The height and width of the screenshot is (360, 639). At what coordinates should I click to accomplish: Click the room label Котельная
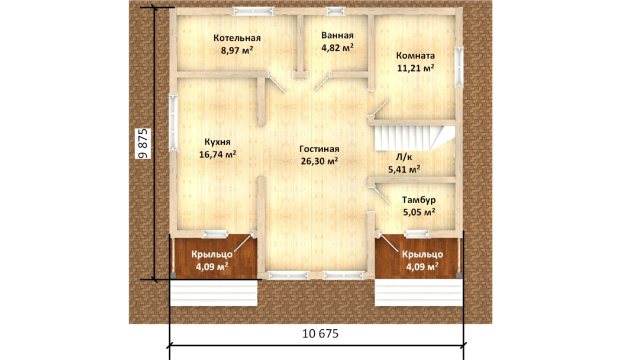click(237, 38)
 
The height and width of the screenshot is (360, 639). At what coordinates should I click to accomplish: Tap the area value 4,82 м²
click(337, 48)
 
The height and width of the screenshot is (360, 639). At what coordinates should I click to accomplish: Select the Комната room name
click(415, 56)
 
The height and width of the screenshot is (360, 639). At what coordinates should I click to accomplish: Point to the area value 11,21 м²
click(415, 68)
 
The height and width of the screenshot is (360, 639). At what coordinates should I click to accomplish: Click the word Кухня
click(217, 142)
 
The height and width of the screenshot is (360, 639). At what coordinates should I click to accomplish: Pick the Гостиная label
click(319, 149)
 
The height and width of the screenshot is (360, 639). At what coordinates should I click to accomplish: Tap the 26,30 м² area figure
click(319, 161)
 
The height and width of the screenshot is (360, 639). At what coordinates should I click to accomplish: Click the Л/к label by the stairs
click(404, 157)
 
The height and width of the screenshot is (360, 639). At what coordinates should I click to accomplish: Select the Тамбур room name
click(418, 200)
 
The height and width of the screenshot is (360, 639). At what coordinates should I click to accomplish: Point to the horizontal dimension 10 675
click(320, 333)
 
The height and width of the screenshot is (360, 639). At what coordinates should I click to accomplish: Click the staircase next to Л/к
click(414, 138)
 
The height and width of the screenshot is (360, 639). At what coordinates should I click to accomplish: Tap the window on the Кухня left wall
click(173, 123)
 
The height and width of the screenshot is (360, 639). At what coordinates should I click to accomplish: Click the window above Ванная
click(336, 11)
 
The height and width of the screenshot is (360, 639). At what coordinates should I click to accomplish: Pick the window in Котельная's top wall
click(253, 11)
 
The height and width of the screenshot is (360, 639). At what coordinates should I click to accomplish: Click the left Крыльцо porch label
click(212, 255)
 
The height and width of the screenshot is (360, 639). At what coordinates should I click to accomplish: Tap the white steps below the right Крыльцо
click(418, 292)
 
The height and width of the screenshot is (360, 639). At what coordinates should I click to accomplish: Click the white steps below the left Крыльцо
click(214, 292)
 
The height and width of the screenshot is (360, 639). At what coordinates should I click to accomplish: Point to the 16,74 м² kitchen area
click(218, 155)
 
